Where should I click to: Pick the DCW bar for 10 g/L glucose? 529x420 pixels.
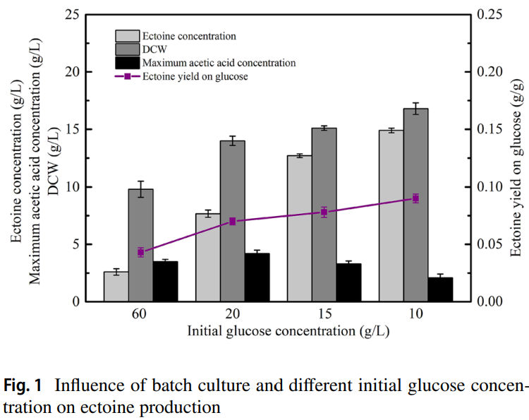point(415,205)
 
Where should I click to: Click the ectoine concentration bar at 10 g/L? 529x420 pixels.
point(391,215)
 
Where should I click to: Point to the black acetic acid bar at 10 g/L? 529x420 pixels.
point(440,289)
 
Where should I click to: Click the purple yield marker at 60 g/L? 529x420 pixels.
point(140,252)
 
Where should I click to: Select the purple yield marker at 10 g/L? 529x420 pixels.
point(415,198)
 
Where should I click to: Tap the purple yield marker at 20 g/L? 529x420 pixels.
point(232,222)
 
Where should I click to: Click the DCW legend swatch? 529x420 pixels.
point(127,49)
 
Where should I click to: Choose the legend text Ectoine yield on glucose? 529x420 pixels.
point(195,76)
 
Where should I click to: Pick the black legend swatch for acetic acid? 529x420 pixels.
point(127,63)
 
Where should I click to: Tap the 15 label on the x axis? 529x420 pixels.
point(324,315)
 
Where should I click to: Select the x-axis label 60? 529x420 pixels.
point(140,315)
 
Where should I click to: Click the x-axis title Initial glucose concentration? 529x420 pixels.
point(288,330)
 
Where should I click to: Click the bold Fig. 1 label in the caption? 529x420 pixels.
point(23,386)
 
